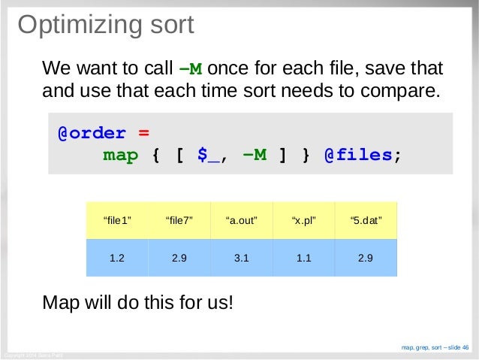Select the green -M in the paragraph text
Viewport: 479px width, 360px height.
[x=191, y=70]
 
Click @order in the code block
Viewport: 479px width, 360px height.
[x=92, y=133]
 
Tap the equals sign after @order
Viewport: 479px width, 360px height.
[x=143, y=133]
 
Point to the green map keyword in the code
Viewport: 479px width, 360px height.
[x=120, y=156]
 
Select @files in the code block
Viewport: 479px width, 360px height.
[x=357, y=156]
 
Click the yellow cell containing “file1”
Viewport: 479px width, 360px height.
[x=117, y=220]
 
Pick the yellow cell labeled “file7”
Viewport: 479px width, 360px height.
[x=179, y=220]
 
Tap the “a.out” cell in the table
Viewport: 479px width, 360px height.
[x=242, y=220]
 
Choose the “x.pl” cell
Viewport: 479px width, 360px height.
[x=303, y=220]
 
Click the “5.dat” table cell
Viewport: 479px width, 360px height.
[x=366, y=220]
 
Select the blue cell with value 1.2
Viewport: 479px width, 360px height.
[x=117, y=258]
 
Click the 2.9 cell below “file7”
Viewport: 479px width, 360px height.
[x=179, y=258]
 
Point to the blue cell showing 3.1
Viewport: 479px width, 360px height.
[x=242, y=258]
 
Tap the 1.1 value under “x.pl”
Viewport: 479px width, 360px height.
[x=303, y=258]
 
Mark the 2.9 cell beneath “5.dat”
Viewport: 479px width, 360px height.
[x=366, y=258]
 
